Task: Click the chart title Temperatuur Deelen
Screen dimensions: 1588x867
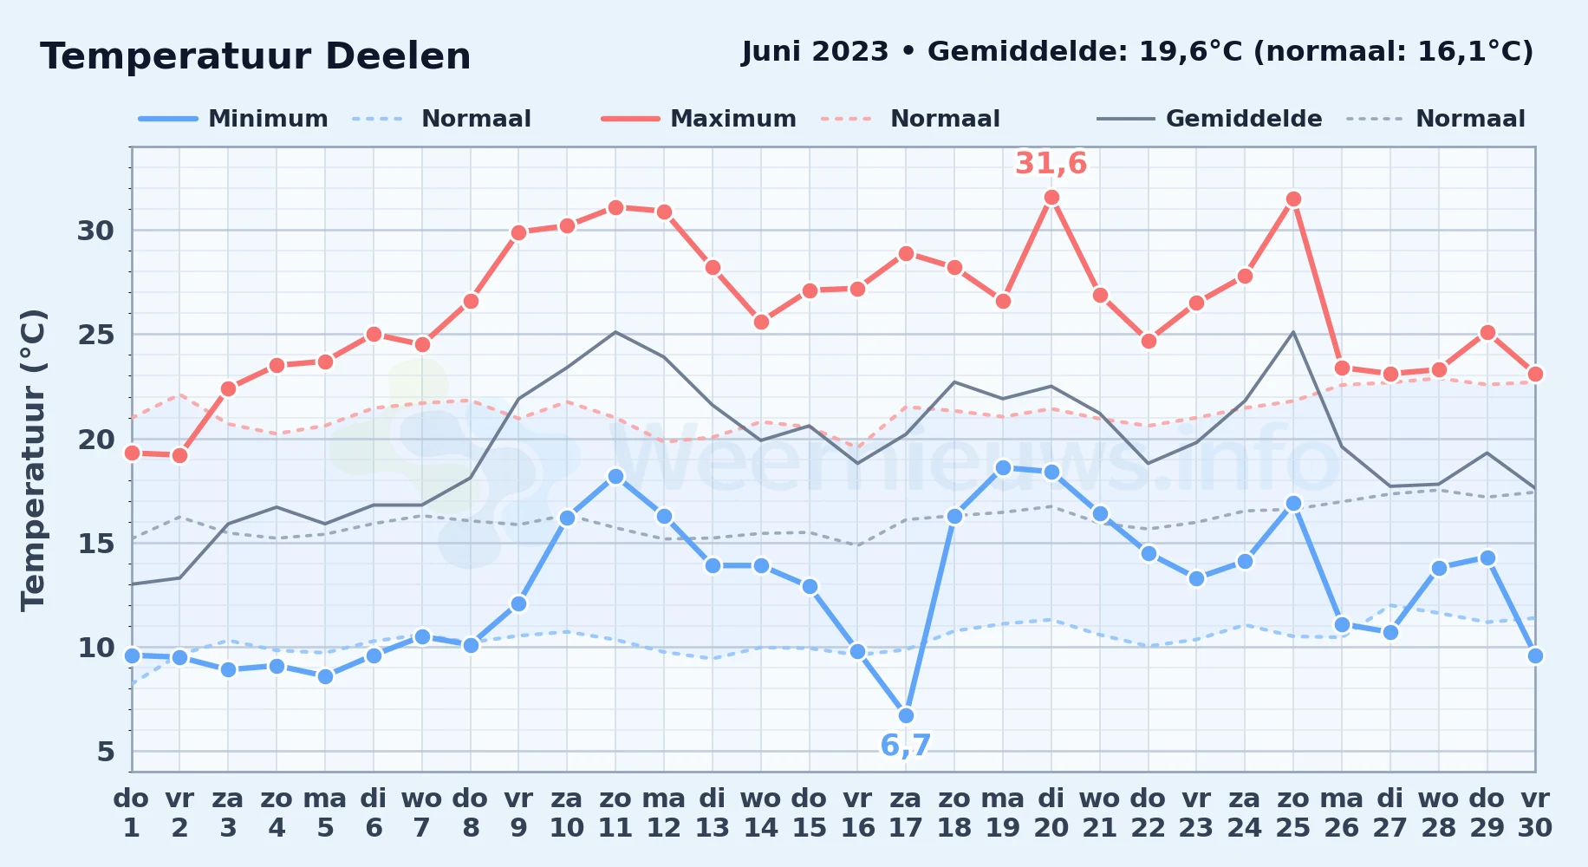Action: point(256,56)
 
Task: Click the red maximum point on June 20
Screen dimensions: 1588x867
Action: point(1051,198)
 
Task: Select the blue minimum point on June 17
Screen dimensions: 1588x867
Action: point(906,715)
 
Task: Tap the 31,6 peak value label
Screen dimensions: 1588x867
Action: point(1051,163)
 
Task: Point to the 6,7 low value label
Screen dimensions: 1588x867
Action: point(906,746)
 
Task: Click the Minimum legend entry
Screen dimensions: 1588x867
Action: point(233,119)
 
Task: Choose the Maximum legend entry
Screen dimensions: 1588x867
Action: point(699,119)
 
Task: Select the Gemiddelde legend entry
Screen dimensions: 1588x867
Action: point(1209,119)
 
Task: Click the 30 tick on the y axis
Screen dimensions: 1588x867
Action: point(95,231)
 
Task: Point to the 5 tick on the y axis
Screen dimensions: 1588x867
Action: point(106,752)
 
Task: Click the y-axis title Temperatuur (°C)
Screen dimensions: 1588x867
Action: point(33,460)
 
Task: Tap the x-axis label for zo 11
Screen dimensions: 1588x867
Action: point(615,812)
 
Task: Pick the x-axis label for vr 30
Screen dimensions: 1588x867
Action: point(1535,812)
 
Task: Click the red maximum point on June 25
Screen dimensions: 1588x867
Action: point(1293,199)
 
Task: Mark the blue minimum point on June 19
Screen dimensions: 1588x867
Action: point(1003,468)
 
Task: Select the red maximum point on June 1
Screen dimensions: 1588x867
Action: point(132,453)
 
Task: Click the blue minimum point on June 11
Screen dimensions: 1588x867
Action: point(615,476)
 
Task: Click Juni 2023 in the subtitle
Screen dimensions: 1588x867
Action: point(815,52)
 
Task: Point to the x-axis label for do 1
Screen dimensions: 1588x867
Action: point(132,812)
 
